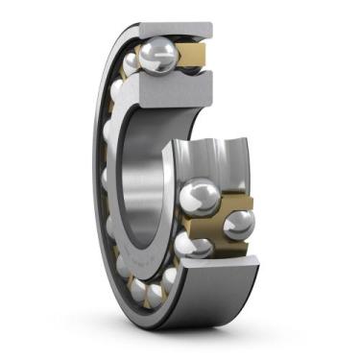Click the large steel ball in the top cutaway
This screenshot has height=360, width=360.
point(157,55)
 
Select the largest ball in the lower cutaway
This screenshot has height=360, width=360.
point(199,197)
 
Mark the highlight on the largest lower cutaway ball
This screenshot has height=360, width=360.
point(195,191)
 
